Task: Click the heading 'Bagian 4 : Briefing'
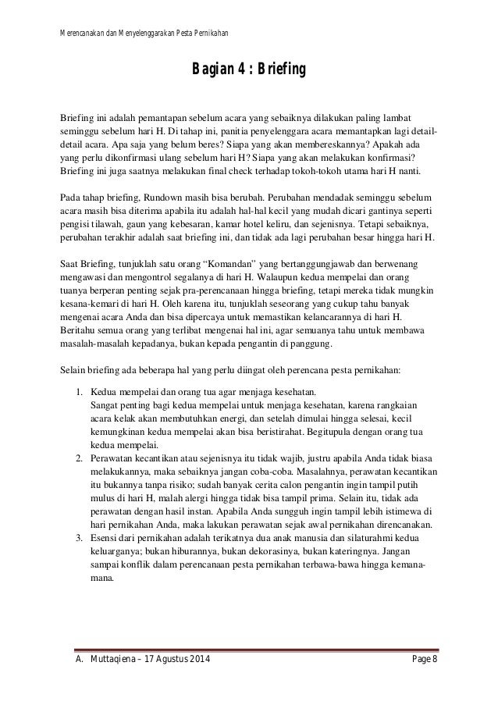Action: pos(249,73)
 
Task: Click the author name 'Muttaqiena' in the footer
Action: pos(110,664)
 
